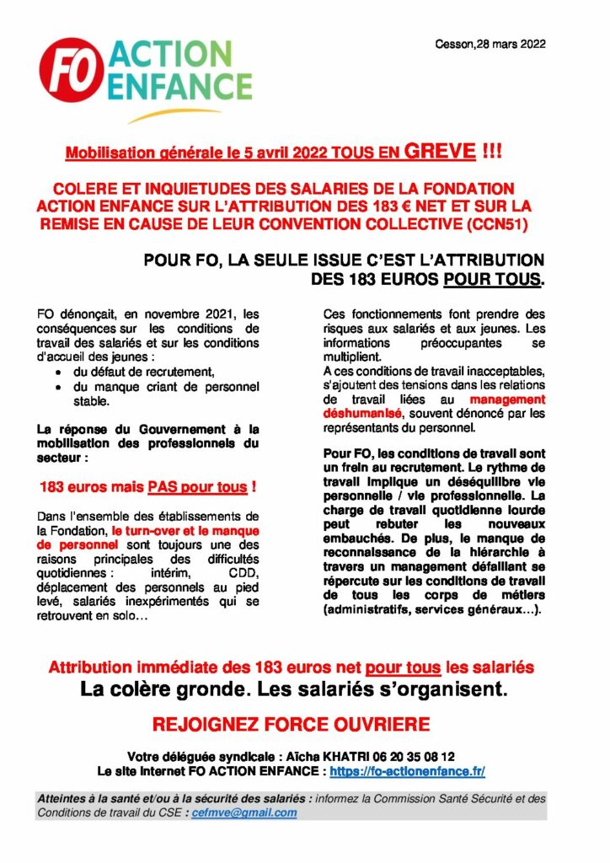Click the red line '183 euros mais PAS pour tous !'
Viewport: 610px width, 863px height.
(147, 487)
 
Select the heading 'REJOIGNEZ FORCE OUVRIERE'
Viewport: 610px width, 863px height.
(292, 725)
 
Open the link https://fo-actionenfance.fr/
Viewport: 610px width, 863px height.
(407, 771)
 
